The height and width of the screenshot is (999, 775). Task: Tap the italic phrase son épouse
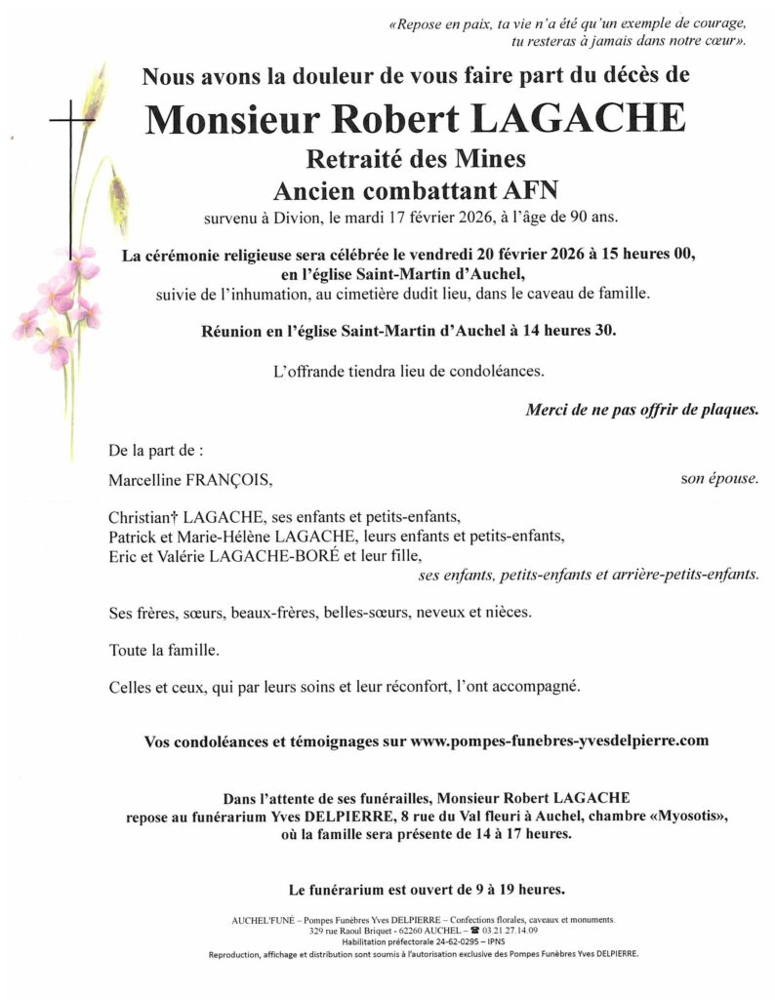(719, 479)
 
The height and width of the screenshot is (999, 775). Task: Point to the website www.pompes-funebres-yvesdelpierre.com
(559, 741)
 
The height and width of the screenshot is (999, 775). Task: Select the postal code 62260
(388, 930)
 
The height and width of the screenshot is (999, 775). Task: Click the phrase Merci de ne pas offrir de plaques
(642, 411)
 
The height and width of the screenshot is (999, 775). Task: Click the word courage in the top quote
(723, 23)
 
